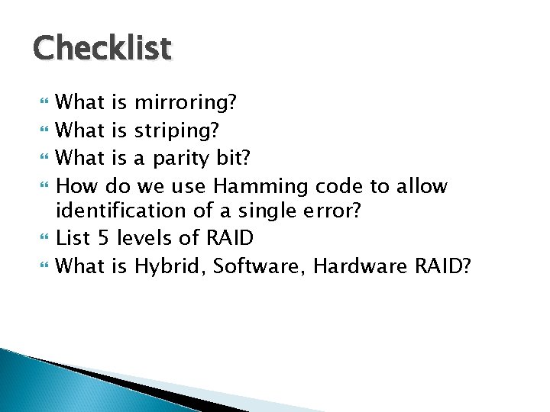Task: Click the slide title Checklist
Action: [102, 47]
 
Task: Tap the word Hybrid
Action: [172, 266]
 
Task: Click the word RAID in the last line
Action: [442, 266]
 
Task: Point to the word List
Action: [75, 238]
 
